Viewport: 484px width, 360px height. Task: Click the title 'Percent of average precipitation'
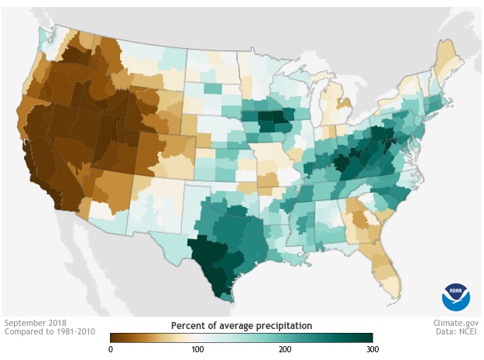click(x=242, y=325)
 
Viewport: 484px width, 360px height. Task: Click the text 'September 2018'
click(x=36, y=323)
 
